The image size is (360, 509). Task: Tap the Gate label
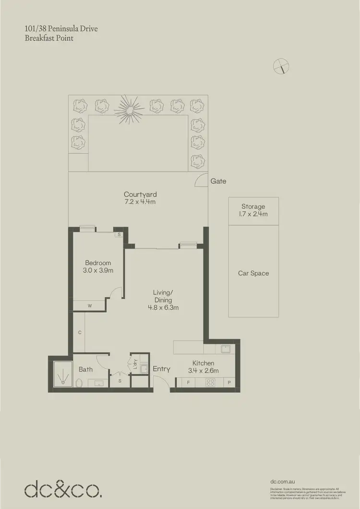218,182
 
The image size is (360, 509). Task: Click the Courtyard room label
140,194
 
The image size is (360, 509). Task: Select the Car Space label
253,273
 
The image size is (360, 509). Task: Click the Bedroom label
98,263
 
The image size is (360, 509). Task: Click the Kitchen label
203,364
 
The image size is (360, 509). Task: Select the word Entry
161,369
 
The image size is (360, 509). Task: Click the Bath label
86,369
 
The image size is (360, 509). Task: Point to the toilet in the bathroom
79,383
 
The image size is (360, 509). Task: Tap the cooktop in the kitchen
210,383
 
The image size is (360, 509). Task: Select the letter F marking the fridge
188,383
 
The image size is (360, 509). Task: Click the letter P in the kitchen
229,383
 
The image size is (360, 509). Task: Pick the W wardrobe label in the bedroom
89,305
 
